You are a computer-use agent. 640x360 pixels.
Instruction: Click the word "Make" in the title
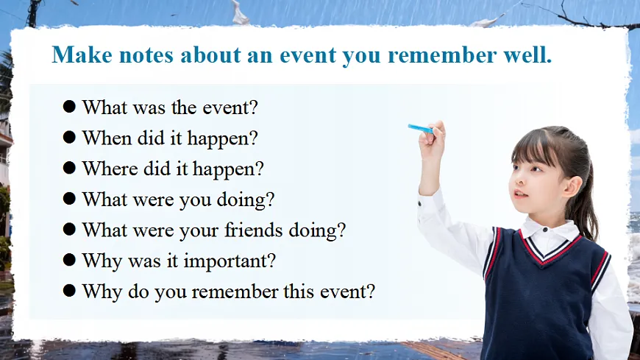pyautogui.click(x=82, y=54)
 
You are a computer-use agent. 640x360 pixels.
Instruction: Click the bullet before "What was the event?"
pyautogui.click(x=69, y=107)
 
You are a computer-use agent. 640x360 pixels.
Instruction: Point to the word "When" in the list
pyautogui.click(x=107, y=138)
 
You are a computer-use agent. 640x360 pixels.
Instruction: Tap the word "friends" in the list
pyautogui.click(x=254, y=230)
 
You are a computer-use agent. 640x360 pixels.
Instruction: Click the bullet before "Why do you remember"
pyautogui.click(x=69, y=291)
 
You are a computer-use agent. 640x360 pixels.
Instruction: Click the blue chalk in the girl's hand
pyautogui.click(x=421, y=129)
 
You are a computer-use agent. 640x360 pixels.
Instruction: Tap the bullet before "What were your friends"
pyautogui.click(x=69, y=229)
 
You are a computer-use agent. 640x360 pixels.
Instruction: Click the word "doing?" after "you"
pyautogui.click(x=245, y=200)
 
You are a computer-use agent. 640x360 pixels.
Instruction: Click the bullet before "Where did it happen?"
pyautogui.click(x=69, y=168)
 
